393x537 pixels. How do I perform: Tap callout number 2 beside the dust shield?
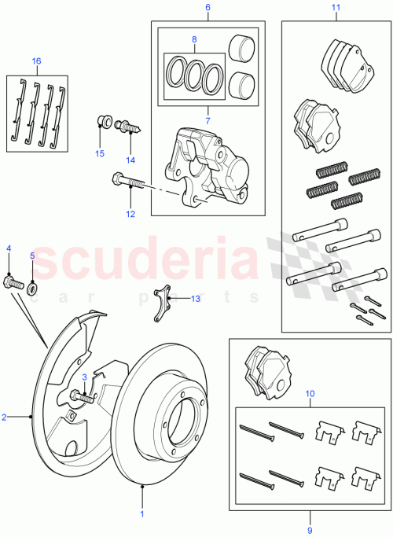(x=5, y=417)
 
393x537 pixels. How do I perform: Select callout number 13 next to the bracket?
(x=196, y=299)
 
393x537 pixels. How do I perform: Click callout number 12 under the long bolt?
(x=130, y=213)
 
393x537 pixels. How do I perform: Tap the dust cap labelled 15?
(x=101, y=122)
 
